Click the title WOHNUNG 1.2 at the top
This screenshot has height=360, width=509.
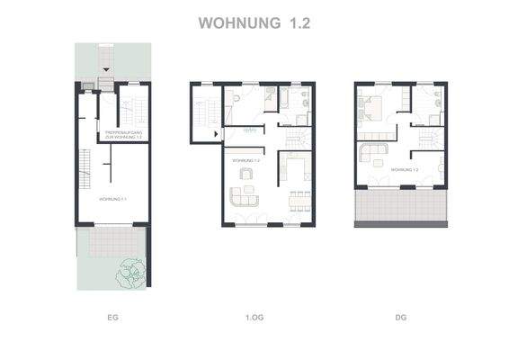click(254, 22)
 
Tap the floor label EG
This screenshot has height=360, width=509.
click(112, 318)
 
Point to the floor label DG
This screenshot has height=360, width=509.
click(401, 318)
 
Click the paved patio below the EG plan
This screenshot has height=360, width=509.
click(112, 241)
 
